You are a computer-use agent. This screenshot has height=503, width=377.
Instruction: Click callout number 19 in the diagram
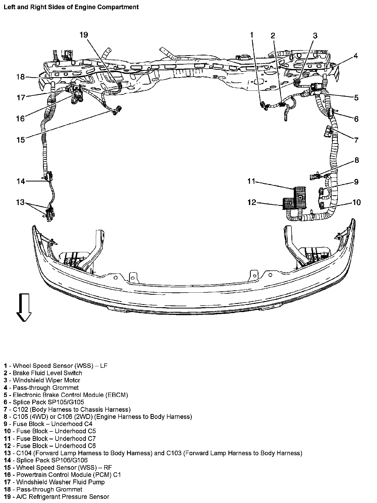pyautogui.click(x=84, y=35)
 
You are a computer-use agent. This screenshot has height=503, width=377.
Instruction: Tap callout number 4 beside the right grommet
pyautogui.click(x=355, y=56)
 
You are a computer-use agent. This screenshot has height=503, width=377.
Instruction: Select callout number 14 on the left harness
pyautogui.click(x=21, y=181)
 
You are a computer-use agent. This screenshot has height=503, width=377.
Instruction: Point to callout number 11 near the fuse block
pyautogui.click(x=251, y=181)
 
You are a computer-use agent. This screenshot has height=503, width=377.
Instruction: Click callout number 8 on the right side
pyautogui.click(x=357, y=160)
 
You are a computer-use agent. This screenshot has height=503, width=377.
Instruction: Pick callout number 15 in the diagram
pyautogui.click(x=21, y=140)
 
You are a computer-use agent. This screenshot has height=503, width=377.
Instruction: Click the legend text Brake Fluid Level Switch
pyautogui.click(x=47, y=373)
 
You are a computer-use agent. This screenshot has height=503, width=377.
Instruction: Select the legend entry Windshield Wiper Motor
pyautogui.click(x=46, y=380)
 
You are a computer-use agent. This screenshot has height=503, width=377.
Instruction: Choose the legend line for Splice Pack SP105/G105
pyautogui.click(x=48, y=402)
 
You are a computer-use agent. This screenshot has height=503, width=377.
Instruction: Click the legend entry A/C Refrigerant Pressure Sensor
pyautogui.click(x=62, y=497)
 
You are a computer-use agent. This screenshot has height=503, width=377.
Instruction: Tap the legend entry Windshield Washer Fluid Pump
pyautogui.click(x=60, y=482)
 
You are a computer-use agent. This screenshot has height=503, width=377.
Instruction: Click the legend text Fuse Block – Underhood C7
pyautogui.click(x=56, y=439)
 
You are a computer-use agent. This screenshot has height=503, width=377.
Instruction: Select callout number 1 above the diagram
pyautogui.click(x=252, y=35)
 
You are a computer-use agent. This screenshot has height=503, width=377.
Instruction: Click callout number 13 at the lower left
pyautogui.click(x=20, y=202)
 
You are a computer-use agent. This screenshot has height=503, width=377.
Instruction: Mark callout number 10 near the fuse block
pyautogui.click(x=357, y=202)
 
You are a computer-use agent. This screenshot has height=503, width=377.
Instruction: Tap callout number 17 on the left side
pyautogui.click(x=21, y=97)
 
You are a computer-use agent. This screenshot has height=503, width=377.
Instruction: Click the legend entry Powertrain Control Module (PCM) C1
pyautogui.click(x=68, y=475)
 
